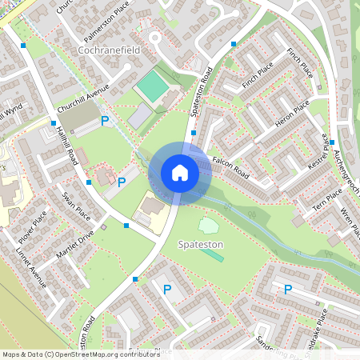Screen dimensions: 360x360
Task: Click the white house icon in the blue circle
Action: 180,173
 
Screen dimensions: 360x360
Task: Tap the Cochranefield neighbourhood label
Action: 110,50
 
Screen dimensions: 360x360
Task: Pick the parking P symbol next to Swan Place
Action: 122,182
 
